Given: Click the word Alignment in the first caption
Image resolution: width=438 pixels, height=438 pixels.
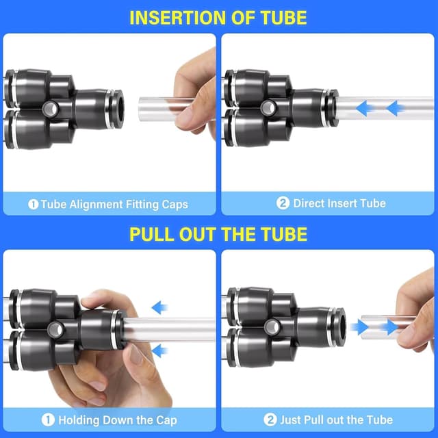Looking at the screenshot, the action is tap(96, 205).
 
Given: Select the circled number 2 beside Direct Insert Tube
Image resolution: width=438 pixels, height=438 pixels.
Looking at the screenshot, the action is tap(283, 203).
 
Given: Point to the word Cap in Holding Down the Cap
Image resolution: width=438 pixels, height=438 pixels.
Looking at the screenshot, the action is tap(166, 420).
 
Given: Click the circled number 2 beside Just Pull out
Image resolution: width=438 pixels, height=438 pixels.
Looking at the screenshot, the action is tap(270, 420).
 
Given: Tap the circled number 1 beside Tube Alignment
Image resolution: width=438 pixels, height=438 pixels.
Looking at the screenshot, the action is tap(34, 205).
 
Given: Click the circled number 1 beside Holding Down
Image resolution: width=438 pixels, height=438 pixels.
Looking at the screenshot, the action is tap(48, 420).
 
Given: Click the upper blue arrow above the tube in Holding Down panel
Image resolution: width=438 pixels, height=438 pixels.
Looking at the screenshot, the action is tap(159, 307).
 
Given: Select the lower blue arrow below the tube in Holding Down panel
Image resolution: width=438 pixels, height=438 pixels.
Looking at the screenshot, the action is tap(159, 351).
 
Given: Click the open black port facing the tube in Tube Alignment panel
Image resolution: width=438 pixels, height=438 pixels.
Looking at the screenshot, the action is tap(120, 109).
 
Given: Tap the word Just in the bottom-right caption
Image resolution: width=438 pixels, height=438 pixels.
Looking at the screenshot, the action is tap(290, 420).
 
